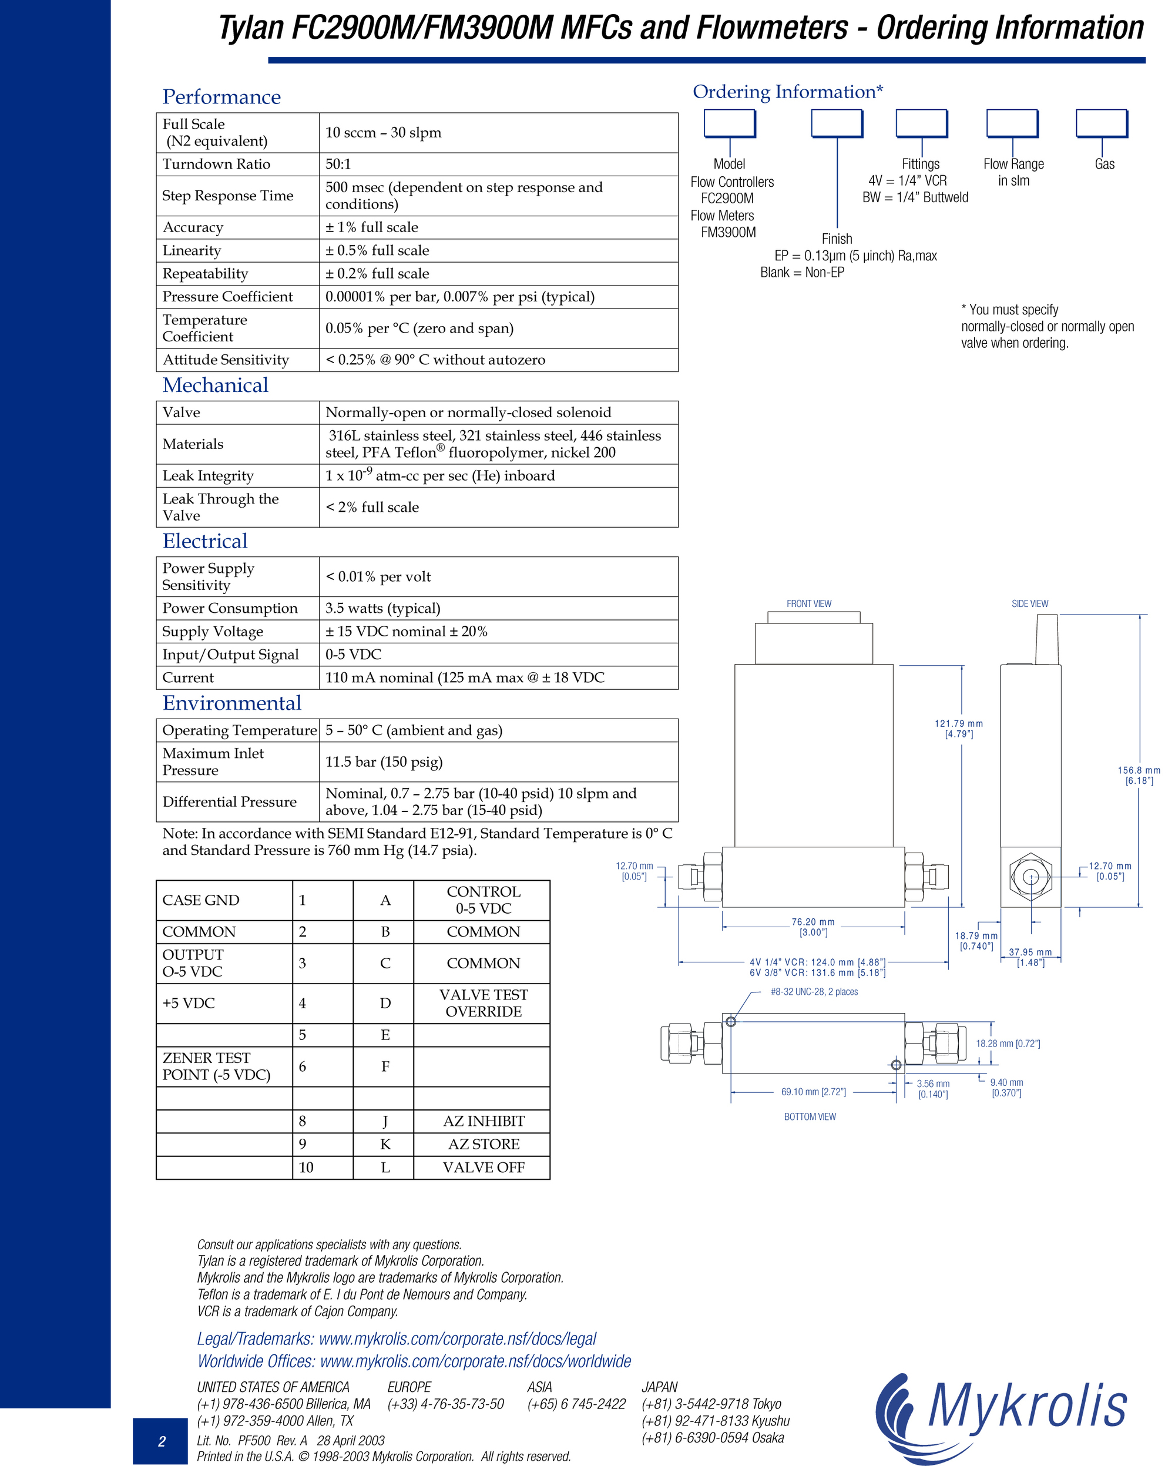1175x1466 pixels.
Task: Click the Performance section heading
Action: tap(221, 97)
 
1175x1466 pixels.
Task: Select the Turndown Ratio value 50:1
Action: tap(338, 164)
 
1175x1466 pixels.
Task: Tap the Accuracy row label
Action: tap(193, 228)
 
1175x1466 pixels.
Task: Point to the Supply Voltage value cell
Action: tap(498, 632)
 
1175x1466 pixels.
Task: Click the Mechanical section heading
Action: tap(216, 385)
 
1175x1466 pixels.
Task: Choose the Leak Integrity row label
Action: tap(208, 476)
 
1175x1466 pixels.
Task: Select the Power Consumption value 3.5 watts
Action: tap(383, 609)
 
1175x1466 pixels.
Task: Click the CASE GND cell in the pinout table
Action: tap(224, 900)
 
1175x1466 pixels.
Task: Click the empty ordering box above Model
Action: tap(730, 124)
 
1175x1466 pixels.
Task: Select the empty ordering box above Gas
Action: tap(1102, 124)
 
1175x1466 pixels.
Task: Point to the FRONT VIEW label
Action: tap(809, 604)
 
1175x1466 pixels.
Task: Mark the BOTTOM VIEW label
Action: tap(810, 1116)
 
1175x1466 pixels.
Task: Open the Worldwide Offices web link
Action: tap(414, 1361)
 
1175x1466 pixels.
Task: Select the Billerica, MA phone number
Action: tap(284, 1404)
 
